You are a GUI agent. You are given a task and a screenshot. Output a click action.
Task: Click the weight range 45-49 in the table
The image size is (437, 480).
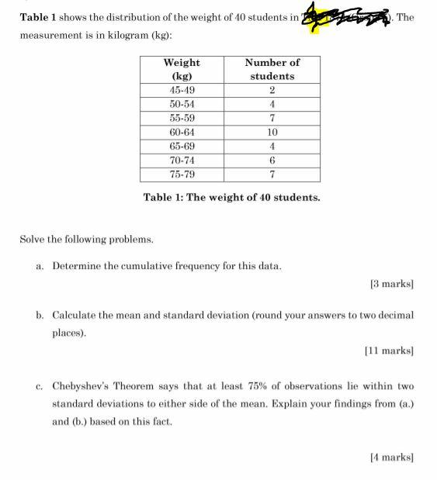click(182, 90)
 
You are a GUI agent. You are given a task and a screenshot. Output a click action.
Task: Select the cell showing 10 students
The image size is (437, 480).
click(272, 132)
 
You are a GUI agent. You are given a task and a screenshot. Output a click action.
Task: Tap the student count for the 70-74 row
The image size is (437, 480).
click(272, 160)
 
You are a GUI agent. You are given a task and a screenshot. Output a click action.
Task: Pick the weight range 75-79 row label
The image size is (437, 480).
click(182, 174)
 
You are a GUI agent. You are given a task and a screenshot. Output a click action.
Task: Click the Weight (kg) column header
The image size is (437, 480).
click(182, 69)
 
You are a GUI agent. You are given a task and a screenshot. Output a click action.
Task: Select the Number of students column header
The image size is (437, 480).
click(272, 69)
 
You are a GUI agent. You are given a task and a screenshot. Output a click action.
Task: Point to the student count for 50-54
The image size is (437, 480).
click(272, 104)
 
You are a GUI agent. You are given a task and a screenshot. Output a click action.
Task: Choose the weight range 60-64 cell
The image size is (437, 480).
click(182, 132)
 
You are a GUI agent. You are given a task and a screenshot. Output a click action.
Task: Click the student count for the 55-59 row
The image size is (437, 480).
click(272, 118)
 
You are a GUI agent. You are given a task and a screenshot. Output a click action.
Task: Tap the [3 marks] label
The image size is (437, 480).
click(392, 285)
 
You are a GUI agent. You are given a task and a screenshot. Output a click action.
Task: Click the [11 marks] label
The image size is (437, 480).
click(389, 351)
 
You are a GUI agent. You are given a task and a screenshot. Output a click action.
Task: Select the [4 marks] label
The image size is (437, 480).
click(392, 458)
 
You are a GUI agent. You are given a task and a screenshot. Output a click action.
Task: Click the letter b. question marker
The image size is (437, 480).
click(39, 316)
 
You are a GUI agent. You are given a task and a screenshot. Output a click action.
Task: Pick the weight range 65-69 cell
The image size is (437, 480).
click(182, 146)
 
